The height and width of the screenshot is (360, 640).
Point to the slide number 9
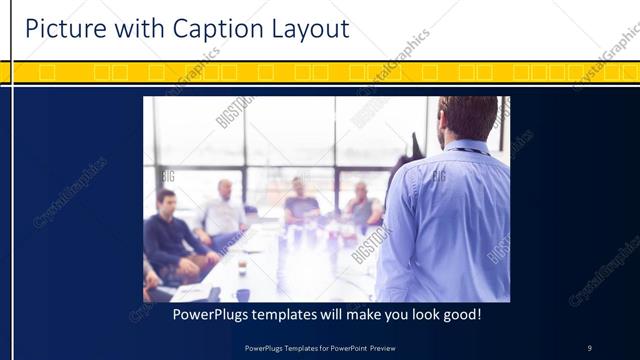point(589,348)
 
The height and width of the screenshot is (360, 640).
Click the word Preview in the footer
point(391,348)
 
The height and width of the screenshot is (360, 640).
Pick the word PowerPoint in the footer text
point(351,348)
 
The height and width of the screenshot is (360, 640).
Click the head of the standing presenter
point(468,118)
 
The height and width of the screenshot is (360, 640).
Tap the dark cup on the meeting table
point(243,294)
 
